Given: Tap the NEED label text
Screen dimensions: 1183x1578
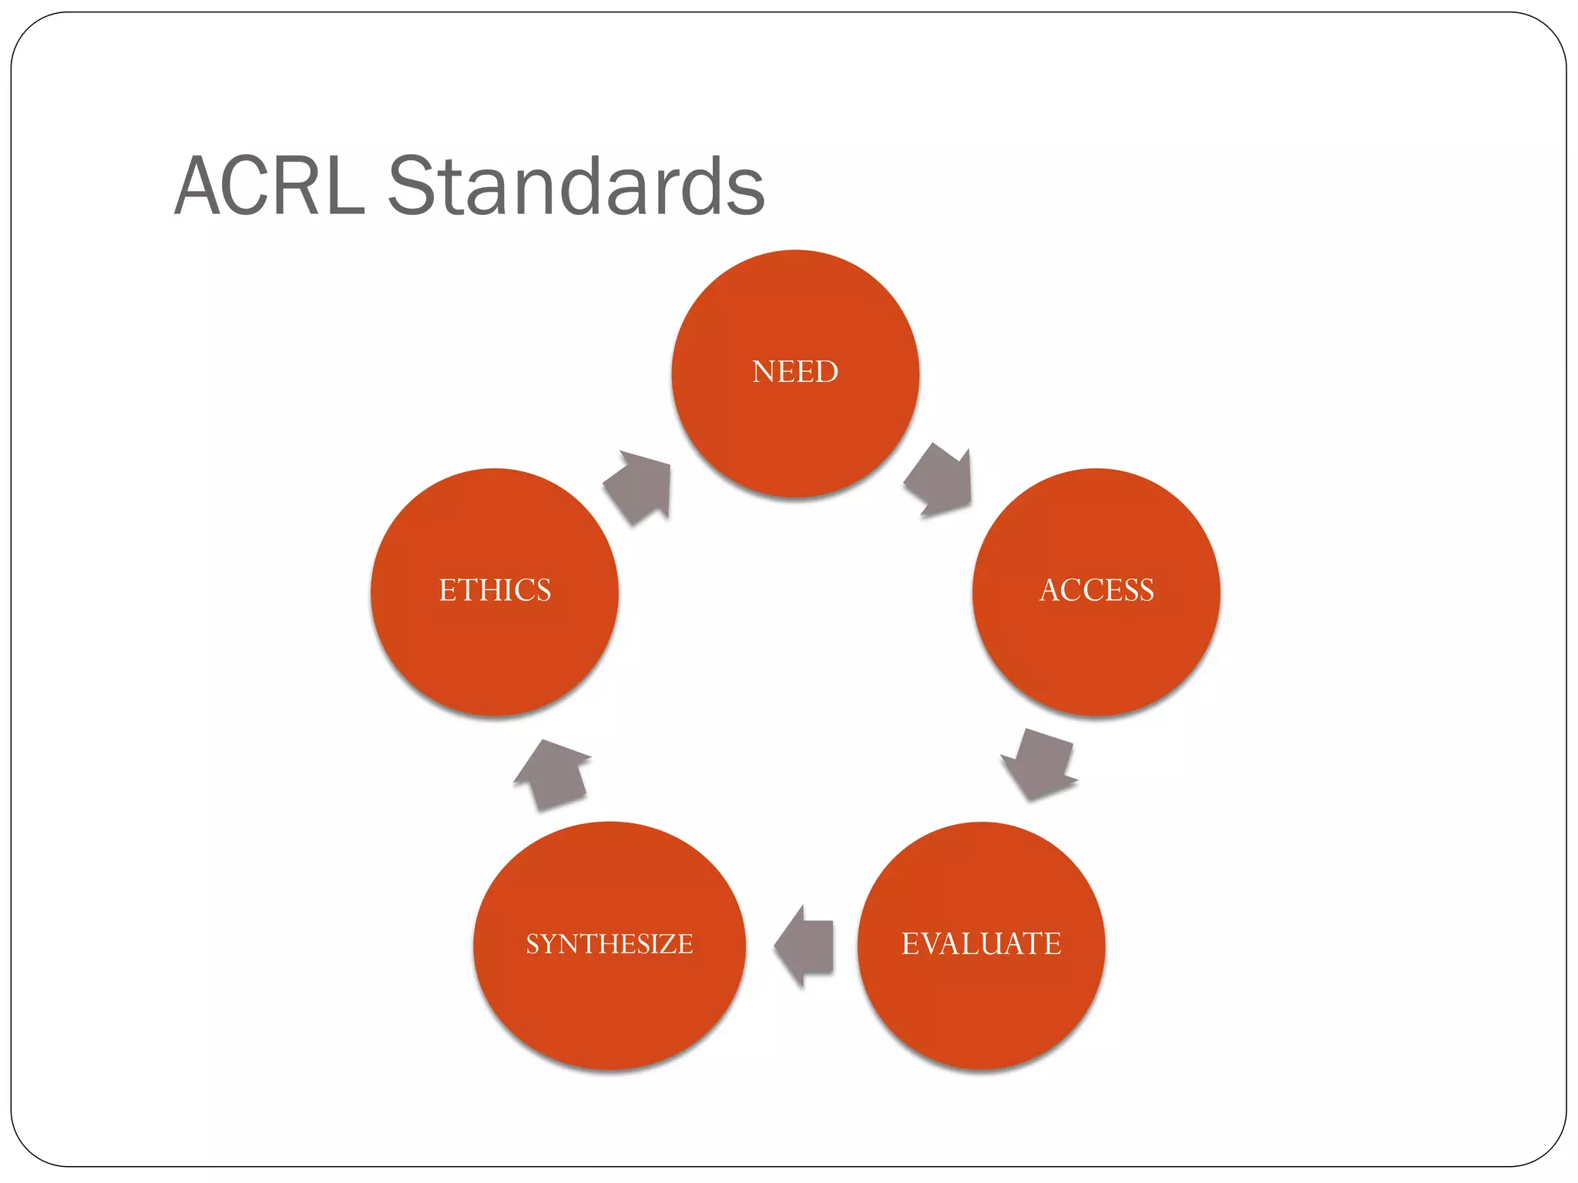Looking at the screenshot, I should (795, 372).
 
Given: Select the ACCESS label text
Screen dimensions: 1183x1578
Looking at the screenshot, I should (1096, 591).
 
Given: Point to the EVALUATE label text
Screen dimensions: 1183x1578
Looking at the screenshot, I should (981, 943).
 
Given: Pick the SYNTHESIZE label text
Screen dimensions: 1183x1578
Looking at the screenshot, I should (609, 943).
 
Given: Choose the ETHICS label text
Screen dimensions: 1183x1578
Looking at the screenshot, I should (495, 591).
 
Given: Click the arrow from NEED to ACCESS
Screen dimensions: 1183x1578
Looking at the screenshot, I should (939, 481).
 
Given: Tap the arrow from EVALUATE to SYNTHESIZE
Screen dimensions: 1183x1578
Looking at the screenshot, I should (805, 945).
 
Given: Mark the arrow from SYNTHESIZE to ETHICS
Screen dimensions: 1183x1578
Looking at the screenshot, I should (551, 773).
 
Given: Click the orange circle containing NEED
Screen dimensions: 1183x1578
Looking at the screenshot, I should (795, 431).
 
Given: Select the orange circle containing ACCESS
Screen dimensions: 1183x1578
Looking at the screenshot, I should (1096, 655).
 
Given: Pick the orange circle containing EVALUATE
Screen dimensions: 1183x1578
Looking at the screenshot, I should (981, 1009).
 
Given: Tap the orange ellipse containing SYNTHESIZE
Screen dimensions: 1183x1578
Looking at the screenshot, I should (609, 1009).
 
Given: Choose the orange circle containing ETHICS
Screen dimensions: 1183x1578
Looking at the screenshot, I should (495, 655).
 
